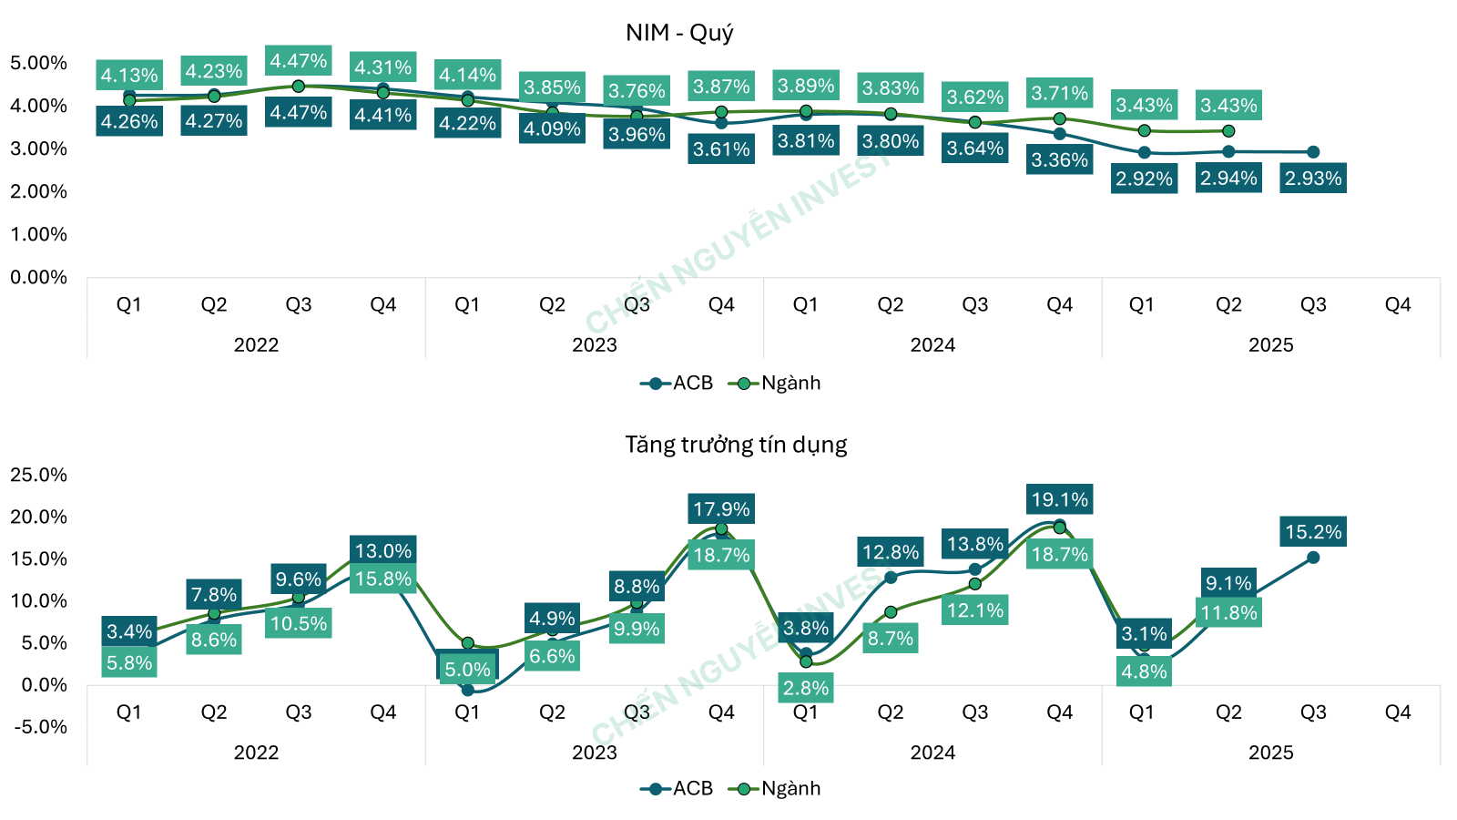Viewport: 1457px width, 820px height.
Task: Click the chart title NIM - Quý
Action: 679,33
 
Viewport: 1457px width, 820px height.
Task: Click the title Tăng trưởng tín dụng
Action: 736,445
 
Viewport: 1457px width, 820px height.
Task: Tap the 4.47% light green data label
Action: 299,61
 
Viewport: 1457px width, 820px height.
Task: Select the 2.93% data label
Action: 1313,179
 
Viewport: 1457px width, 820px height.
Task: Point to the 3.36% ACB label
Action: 1059,160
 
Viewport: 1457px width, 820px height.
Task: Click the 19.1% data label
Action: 1059,499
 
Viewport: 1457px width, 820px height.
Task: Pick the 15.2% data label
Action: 1313,532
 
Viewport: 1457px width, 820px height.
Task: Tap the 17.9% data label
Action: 721,509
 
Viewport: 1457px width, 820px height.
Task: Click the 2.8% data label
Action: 806,688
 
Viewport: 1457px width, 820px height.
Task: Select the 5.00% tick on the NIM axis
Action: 38,63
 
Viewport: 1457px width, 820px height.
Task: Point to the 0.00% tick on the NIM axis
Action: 38,277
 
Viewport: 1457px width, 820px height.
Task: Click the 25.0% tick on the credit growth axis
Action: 38,475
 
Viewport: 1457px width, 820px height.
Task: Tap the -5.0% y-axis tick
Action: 38,727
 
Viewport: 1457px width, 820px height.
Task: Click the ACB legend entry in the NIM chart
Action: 678,384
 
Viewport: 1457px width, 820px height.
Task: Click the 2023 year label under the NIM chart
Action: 594,345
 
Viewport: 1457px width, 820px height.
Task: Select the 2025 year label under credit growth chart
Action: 1270,753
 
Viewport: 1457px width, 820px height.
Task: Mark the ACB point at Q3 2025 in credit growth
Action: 1313,558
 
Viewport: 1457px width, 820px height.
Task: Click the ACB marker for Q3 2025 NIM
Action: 1313,152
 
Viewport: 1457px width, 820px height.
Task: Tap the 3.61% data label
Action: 721,149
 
